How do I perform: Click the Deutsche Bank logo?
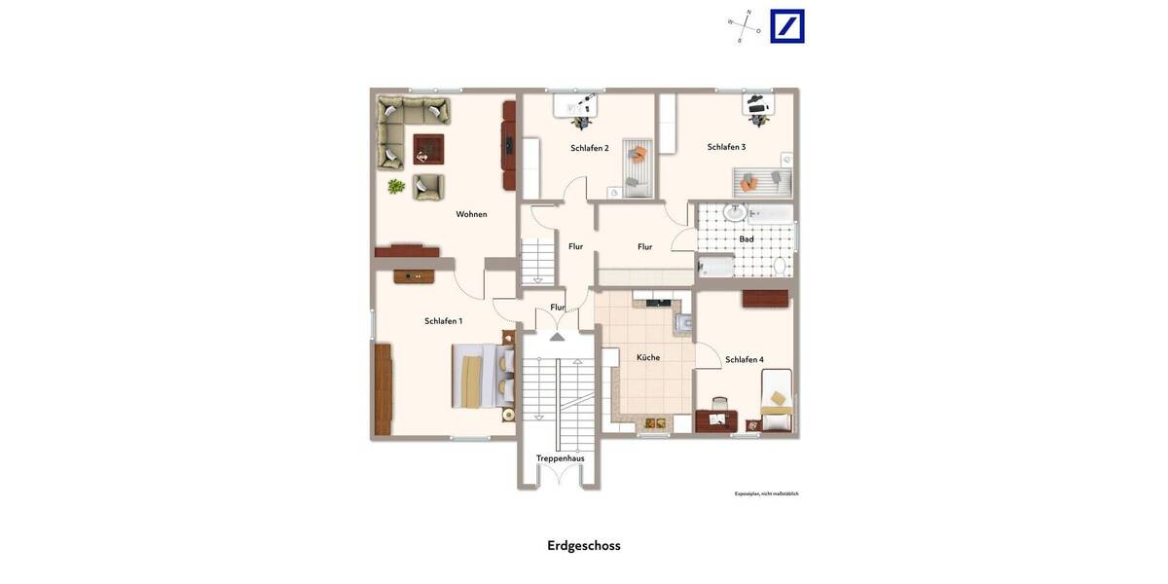tap(787, 26)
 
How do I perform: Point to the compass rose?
tap(745, 26)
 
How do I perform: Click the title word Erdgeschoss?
tap(583, 546)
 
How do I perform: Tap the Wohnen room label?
tap(471, 214)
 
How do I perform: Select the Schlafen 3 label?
tap(726, 147)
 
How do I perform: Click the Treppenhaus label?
tap(560, 458)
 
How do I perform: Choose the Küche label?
tap(648, 357)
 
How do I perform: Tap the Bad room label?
tap(747, 238)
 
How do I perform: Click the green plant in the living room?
tap(396, 186)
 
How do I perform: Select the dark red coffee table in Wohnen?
tap(428, 149)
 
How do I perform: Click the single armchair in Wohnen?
tap(427, 187)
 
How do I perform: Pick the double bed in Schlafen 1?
tap(483, 377)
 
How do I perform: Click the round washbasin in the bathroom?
tap(736, 213)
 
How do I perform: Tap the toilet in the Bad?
tap(780, 266)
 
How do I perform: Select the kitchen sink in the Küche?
tap(685, 321)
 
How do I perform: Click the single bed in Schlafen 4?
tap(776, 401)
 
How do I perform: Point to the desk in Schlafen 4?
tap(716, 420)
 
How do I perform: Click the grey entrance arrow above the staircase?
tap(557, 337)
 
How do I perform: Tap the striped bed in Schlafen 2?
tap(637, 167)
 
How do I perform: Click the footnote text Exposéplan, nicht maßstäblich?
tap(766, 493)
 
